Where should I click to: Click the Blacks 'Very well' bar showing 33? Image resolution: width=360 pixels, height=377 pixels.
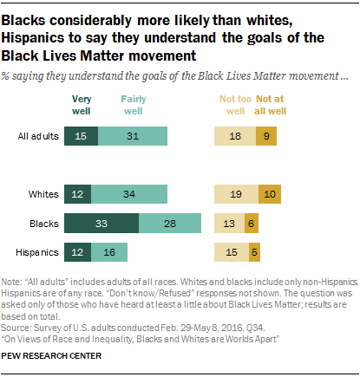click(x=101, y=224)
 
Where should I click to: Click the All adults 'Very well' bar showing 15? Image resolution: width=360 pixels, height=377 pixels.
click(x=81, y=135)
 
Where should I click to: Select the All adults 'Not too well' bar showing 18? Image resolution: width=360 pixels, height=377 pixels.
click(x=235, y=135)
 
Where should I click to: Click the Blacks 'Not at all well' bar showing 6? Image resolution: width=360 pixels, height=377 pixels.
click(x=252, y=224)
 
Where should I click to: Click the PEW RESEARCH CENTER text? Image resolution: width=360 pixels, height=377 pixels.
click(x=51, y=354)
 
